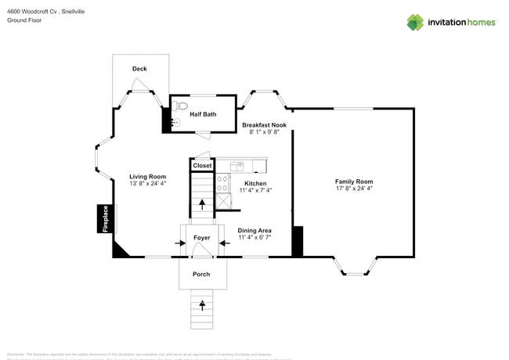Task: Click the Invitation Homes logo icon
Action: pyautogui.click(x=414, y=22)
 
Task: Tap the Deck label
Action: pyautogui.click(x=139, y=69)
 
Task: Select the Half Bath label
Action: pyautogui.click(x=203, y=114)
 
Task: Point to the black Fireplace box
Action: pyautogui.click(x=103, y=218)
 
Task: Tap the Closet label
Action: pyautogui.click(x=202, y=166)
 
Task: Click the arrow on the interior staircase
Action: pyautogui.click(x=202, y=204)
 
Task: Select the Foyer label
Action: pyautogui.click(x=202, y=237)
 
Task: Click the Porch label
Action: pyautogui.click(x=201, y=274)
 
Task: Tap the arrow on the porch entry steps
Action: pyautogui.click(x=202, y=304)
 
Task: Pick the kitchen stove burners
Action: pyautogui.click(x=222, y=183)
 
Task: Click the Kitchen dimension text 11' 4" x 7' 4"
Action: pyautogui.click(x=255, y=190)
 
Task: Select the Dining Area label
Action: pyautogui.click(x=254, y=230)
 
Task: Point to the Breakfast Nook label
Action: pyautogui.click(x=264, y=125)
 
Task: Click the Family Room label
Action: pyautogui.click(x=354, y=182)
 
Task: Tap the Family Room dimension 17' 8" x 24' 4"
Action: pyautogui.click(x=354, y=189)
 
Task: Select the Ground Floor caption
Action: pyautogui.click(x=24, y=21)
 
